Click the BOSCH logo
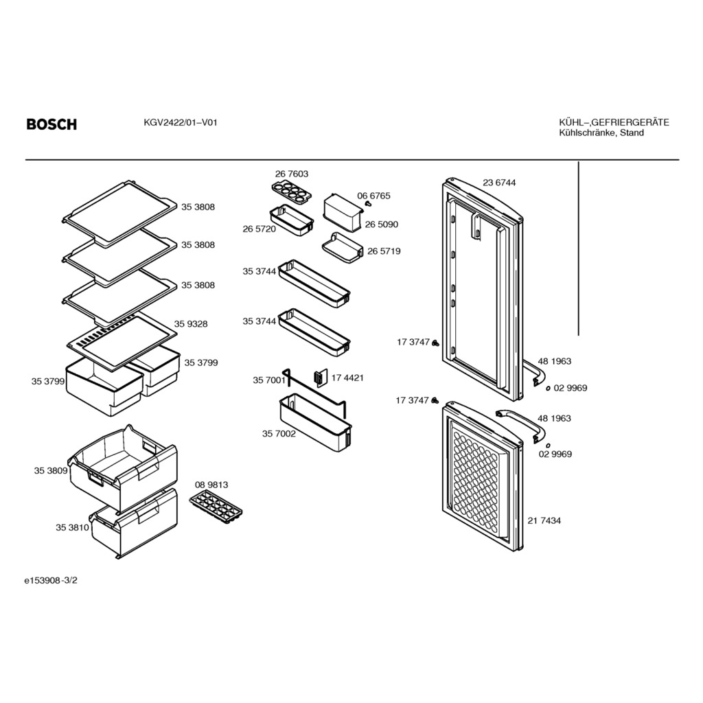click(51, 124)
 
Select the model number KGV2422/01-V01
click(181, 122)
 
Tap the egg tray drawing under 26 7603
click(291, 192)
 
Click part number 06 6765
click(373, 196)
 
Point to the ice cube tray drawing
click(215, 507)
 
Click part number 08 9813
click(211, 485)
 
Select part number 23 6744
click(499, 183)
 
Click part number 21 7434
click(544, 520)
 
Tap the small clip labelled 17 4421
click(320, 378)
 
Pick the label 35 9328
click(191, 324)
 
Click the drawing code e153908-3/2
click(51, 580)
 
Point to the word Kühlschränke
click(588, 132)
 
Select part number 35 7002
click(279, 434)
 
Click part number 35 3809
click(51, 470)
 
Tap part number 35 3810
click(72, 528)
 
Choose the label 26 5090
click(381, 224)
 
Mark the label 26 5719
click(384, 251)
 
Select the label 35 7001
click(269, 380)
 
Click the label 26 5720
click(259, 229)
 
